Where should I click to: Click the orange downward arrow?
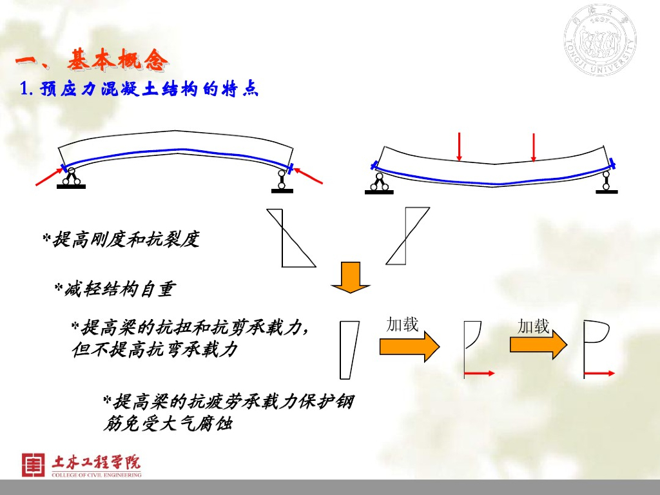point(351,277)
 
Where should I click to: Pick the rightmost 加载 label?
point(534,326)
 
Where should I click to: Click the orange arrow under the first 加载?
point(409,347)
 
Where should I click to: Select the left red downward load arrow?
point(459,146)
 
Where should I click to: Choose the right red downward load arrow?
point(533,147)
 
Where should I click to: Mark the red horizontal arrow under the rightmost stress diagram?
point(599,373)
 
